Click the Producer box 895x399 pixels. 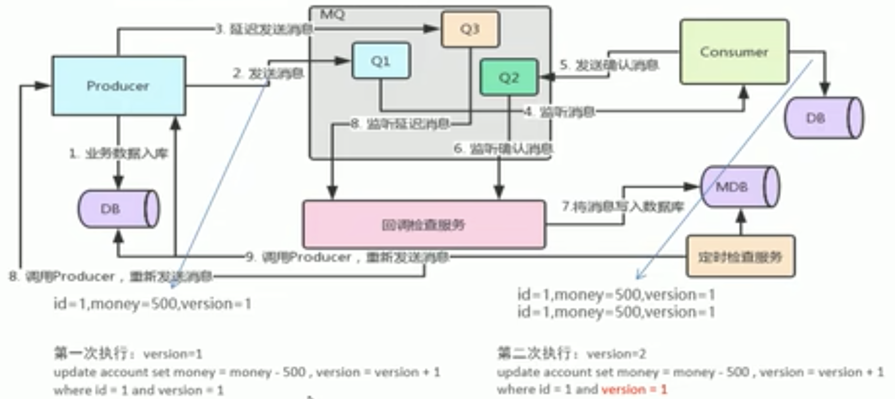(118, 85)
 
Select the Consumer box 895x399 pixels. (734, 52)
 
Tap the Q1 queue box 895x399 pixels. (381, 61)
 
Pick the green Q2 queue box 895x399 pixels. (509, 77)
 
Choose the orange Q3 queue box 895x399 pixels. (470, 29)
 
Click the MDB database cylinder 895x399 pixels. (739, 187)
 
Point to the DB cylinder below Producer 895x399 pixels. (118, 209)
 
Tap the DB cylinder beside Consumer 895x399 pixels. (823, 118)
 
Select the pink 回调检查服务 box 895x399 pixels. (424, 225)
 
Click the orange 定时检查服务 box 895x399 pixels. (740, 257)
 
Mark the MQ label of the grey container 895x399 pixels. (332, 14)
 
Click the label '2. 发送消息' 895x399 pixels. (268, 73)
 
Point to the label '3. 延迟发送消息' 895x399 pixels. (264, 29)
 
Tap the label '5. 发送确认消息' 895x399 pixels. (609, 65)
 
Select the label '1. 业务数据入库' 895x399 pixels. (118, 154)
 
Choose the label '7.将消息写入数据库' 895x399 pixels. (622, 206)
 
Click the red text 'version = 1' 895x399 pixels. (634, 390)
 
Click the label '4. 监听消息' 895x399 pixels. (559, 112)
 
